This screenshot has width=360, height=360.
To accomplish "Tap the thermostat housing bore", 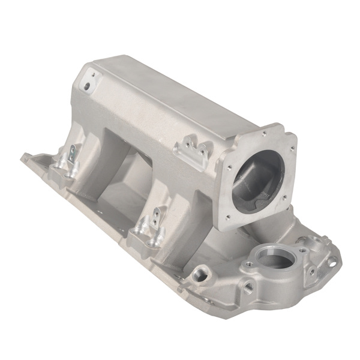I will point(275,259).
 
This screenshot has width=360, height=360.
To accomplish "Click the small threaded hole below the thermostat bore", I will point(248,288).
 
